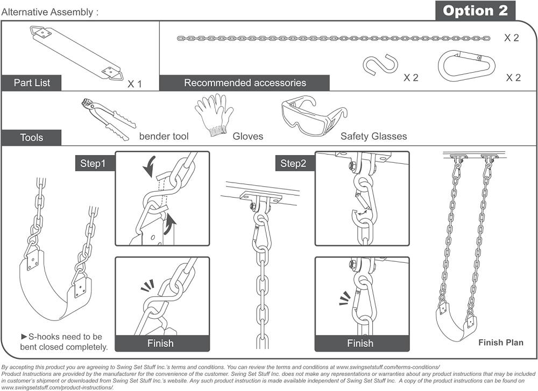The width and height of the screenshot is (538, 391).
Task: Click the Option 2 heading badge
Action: [x=475, y=11]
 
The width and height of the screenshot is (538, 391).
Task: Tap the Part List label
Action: [x=32, y=83]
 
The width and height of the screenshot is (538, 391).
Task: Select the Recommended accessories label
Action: [x=245, y=83]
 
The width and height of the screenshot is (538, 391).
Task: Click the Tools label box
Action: [x=32, y=137]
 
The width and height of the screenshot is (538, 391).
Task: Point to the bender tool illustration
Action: [x=109, y=119]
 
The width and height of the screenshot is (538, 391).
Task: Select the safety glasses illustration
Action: [x=314, y=115]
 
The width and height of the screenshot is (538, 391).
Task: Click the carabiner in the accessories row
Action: [x=466, y=66]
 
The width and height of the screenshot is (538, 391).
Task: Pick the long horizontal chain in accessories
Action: [x=334, y=38]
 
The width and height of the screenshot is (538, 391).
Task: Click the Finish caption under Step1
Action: [x=160, y=343]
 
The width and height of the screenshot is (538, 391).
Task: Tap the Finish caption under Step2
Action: [x=360, y=343]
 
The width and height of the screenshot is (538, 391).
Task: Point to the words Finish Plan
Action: [x=501, y=343]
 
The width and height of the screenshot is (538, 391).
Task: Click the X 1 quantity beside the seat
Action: [x=134, y=84]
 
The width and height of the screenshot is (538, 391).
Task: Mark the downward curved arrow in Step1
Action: [x=149, y=166]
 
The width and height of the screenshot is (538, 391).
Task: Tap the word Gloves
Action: [x=247, y=136]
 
